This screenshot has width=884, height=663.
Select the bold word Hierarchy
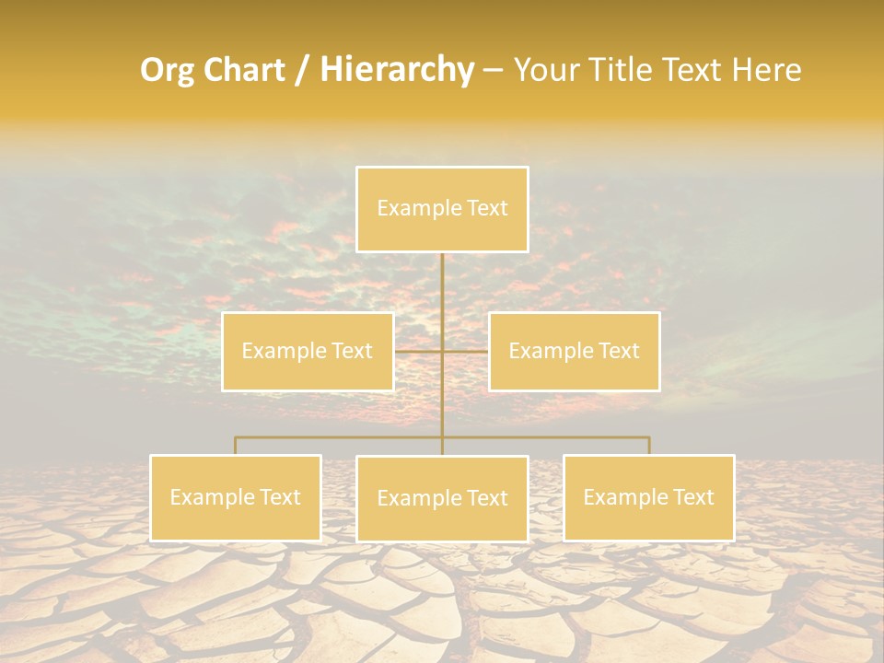tap(397, 70)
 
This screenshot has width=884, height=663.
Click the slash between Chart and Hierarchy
tap(302, 71)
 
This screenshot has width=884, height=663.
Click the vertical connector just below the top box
tap(442, 285)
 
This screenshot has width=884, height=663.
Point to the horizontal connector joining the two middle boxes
tap(419, 351)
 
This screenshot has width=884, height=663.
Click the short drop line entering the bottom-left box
tap(236, 446)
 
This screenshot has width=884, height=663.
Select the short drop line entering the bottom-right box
tap(649, 446)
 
